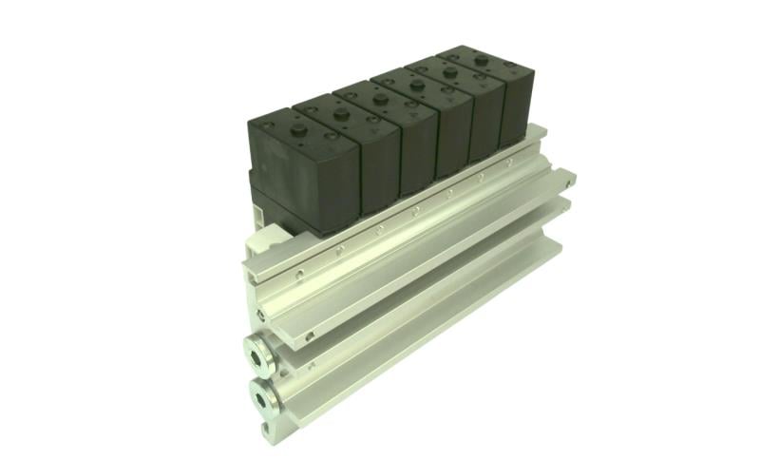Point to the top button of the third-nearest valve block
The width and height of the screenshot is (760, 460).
point(380,96)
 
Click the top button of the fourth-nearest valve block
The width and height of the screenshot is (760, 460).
point(415,84)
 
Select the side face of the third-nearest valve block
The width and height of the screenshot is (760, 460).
point(419,152)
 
